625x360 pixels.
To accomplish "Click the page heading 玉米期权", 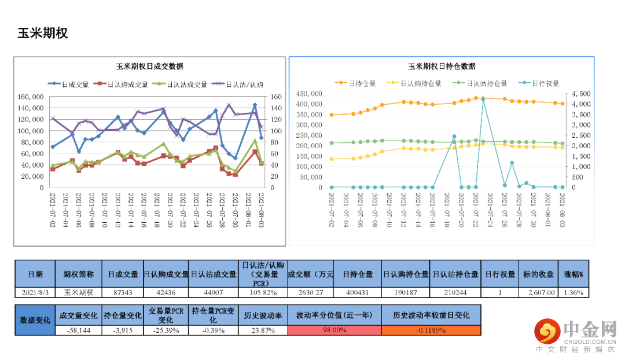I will [43, 33].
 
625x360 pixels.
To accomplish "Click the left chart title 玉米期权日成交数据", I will [150, 67].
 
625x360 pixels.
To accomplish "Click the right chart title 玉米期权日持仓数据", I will [442, 67].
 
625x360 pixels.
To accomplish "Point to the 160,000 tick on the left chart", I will [30, 97].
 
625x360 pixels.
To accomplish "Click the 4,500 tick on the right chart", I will [580, 94].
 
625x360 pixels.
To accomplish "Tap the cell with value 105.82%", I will [262, 293].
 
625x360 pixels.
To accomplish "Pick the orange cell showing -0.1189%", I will [431, 330].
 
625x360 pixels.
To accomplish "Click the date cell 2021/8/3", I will [35, 293].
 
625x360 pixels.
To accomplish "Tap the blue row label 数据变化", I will [35, 319].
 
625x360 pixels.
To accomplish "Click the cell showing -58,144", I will [79, 330].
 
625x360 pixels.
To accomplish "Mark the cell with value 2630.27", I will [310, 293].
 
